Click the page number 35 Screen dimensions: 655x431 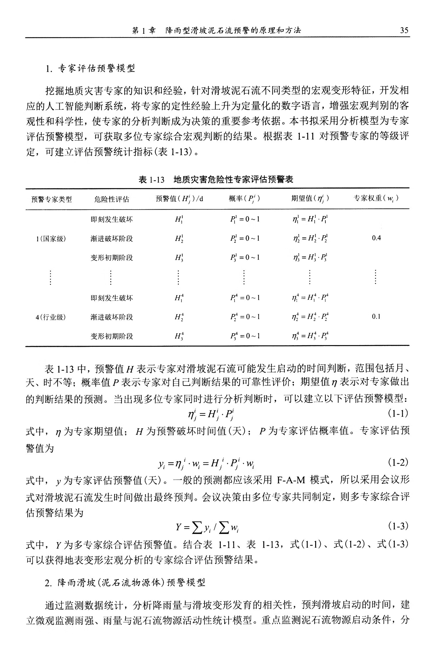click(x=404, y=30)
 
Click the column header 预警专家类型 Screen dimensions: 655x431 click(x=52, y=199)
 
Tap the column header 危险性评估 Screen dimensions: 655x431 click(x=112, y=199)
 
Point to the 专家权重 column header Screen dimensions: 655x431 click(x=376, y=198)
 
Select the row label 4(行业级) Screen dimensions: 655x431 click(x=51, y=317)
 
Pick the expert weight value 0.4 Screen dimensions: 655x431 click(x=376, y=238)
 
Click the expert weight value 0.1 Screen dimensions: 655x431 click(x=376, y=317)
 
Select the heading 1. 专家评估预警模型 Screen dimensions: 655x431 click(x=91, y=68)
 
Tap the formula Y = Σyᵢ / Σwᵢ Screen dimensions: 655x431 click(x=207, y=527)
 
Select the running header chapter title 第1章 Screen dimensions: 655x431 click(x=143, y=30)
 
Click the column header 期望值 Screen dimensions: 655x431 click(x=310, y=199)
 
